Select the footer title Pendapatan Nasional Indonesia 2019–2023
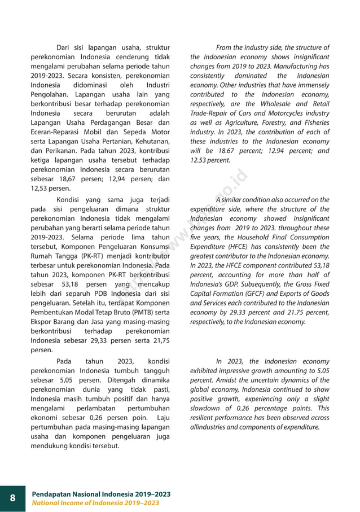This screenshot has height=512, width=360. pos(101,494)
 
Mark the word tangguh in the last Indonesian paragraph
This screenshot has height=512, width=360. pos(158,371)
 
